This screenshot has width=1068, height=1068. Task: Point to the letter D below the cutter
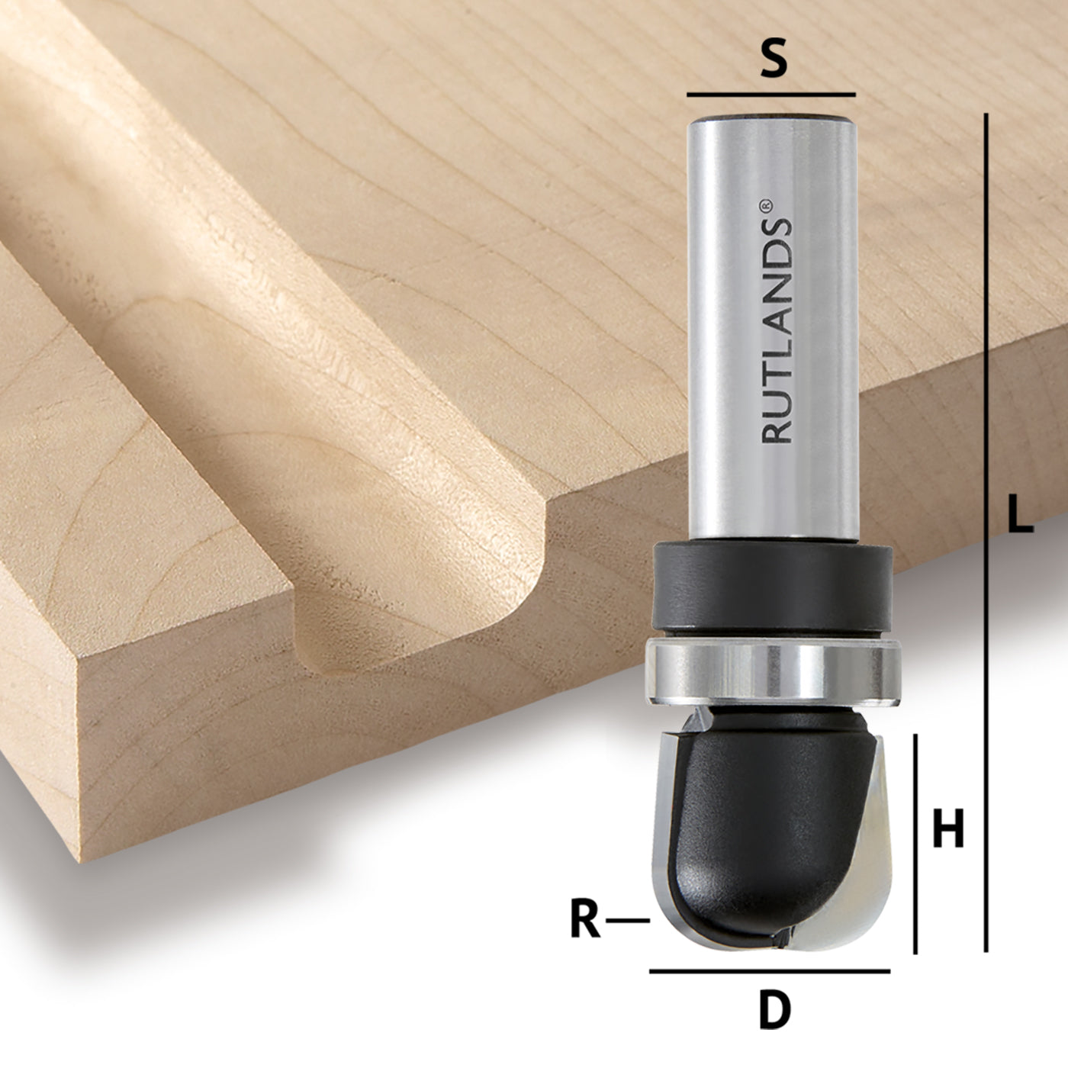tap(775, 1010)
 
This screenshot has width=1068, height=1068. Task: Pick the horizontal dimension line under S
tap(770, 95)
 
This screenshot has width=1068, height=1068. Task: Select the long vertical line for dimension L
tap(986, 534)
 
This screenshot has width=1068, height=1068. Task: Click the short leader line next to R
tap(628, 922)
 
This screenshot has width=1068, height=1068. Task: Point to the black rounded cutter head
tap(763, 824)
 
